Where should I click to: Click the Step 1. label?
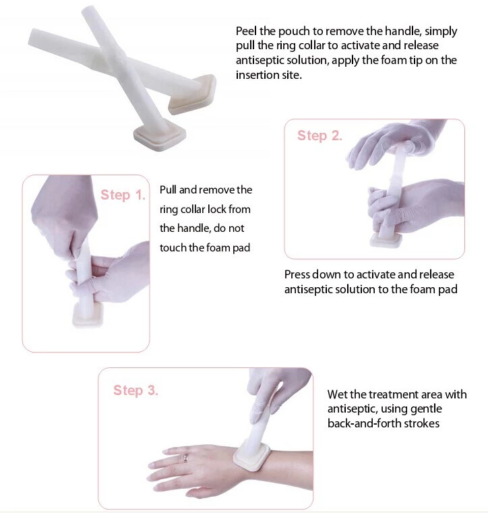tap(123, 195)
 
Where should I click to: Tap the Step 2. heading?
tap(319, 135)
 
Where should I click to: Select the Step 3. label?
tap(135, 390)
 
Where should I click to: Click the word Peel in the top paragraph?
tap(247, 31)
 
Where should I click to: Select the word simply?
tap(439, 31)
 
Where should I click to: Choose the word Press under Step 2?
tap(297, 274)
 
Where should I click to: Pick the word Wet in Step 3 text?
tap(337, 394)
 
